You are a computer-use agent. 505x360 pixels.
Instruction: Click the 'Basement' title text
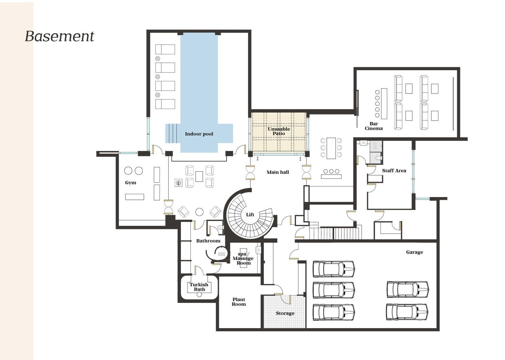click(x=60, y=36)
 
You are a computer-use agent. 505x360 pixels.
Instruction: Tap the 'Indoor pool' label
click(x=199, y=134)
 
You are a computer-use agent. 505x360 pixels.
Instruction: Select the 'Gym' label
click(x=130, y=183)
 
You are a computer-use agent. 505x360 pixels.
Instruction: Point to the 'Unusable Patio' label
click(x=279, y=131)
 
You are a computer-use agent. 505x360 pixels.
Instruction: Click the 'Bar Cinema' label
click(x=373, y=126)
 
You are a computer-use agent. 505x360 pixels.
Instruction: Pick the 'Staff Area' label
click(x=394, y=171)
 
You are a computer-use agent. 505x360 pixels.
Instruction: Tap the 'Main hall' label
click(x=278, y=172)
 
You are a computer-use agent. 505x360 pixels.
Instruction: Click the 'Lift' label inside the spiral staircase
click(x=250, y=215)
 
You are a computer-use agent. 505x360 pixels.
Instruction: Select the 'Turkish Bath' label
click(x=199, y=287)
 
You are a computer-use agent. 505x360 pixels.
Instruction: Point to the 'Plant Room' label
click(x=239, y=302)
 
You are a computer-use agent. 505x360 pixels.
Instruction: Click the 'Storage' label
click(x=285, y=313)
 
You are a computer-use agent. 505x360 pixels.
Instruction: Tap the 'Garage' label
click(x=415, y=252)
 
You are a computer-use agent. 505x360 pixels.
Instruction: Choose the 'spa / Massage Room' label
click(x=243, y=258)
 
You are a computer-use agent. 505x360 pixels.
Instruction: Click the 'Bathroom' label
click(x=208, y=241)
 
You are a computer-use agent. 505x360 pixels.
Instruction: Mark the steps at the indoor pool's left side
click(x=171, y=133)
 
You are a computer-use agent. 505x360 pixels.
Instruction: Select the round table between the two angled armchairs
click(x=199, y=212)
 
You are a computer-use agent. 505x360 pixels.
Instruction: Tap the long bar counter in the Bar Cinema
click(x=384, y=104)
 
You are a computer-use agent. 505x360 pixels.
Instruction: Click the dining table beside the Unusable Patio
click(x=331, y=148)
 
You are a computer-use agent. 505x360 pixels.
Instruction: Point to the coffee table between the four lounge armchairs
click(x=199, y=177)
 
